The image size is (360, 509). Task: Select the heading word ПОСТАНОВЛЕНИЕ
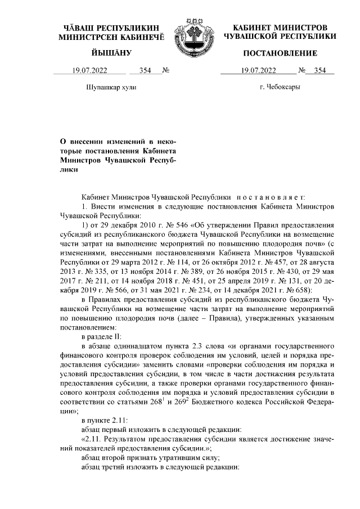click(280, 53)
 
